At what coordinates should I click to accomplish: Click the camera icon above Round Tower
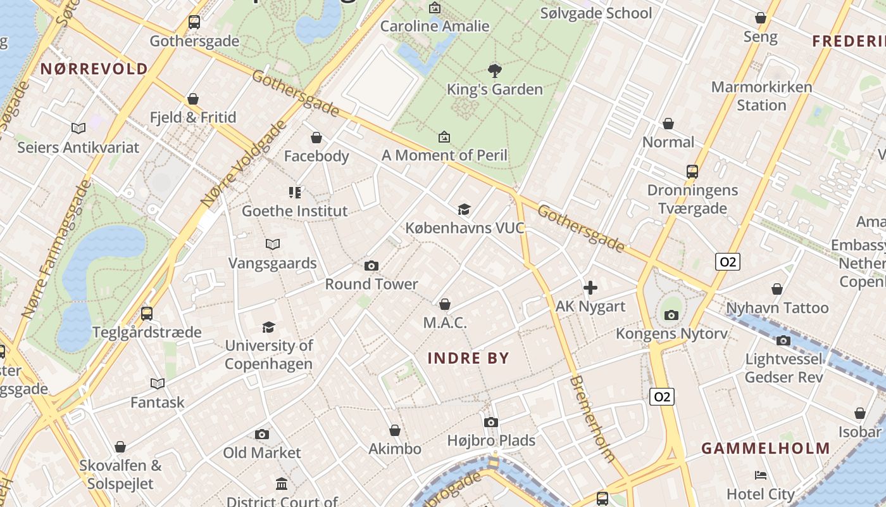click(x=371, y=266)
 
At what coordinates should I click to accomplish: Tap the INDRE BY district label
click(x=468, y=358)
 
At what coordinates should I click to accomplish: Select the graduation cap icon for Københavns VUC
click(x=465, y=209)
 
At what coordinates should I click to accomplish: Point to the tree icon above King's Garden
click(x=495, y=70)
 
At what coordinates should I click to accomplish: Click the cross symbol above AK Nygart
click(x=590, y=288)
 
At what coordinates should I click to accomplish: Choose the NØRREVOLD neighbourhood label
click(x=94, y=68)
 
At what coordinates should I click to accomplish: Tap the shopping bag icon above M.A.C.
click(x=445, y=305)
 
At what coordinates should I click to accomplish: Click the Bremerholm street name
click(x=592, y=418)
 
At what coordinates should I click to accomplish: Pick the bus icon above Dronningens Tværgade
click(x=692, y=171)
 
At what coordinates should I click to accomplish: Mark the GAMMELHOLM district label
click(x=766, y=449)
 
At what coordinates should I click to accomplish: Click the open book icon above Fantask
click(x=158, y=383)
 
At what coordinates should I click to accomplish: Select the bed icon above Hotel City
click(x=761, y=475)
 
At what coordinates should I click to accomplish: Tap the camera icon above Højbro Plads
click(x=491, y=422)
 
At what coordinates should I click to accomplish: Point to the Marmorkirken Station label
click(x=761, y=96)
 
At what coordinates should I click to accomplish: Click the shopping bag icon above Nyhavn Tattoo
click(x=777, y=289)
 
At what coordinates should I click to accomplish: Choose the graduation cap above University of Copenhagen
click(x=269, y=327)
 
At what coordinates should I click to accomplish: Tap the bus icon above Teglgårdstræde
click(x=147, y=313)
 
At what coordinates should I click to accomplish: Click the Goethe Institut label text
click(x=295, y=211)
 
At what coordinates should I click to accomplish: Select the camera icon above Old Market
click(x=262, y=434)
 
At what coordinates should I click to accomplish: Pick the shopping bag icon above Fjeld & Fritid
click(x=193, y=99)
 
